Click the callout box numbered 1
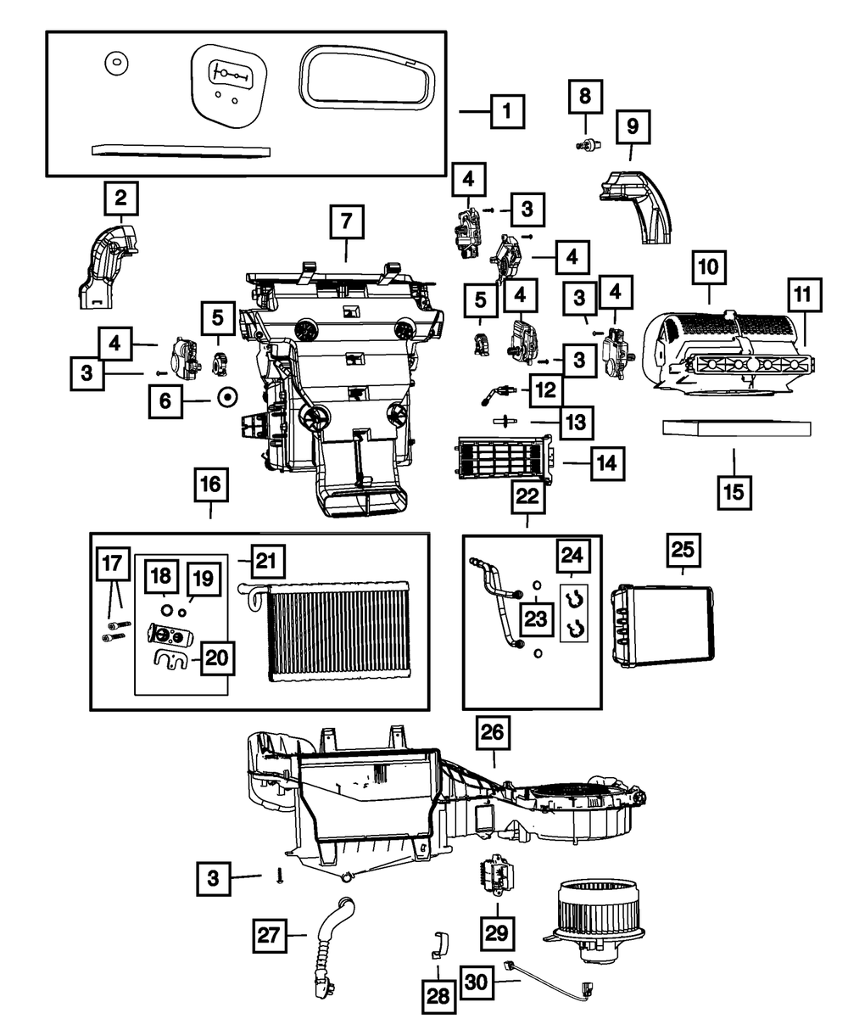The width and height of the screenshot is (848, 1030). [506, 110]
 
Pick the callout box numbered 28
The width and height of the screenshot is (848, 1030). [438, 996]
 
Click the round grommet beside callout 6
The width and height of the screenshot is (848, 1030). [227, 396]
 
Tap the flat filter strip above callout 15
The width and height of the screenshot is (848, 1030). [736, 428]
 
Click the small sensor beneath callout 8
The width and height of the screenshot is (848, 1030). [583, 146]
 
